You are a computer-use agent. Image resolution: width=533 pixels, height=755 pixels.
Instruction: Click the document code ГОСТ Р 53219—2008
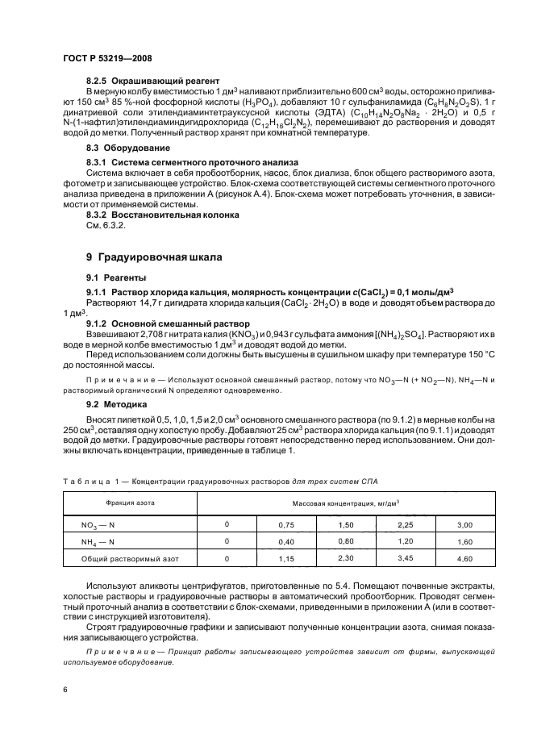(106, 58)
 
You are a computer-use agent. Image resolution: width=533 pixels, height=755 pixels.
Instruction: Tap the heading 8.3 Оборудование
(116, 148)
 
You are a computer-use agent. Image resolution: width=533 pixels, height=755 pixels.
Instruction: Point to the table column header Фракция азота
(130, 503)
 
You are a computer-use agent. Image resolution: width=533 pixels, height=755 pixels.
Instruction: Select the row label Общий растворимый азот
(130, 558)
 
